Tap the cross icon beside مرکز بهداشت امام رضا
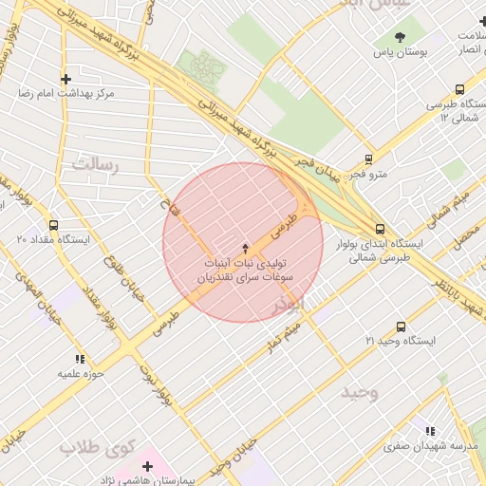(65, 79)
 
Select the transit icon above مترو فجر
(369, 159)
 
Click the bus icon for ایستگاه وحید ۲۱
(401, 325)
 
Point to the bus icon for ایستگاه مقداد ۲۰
(52, 225)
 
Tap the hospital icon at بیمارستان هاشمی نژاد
(147, 466)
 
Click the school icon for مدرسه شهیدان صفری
(430, 430)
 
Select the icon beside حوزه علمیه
(81, 359)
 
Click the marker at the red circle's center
(243, 244)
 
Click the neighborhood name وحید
(360, 392)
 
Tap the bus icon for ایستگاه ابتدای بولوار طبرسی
(381, 229)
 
